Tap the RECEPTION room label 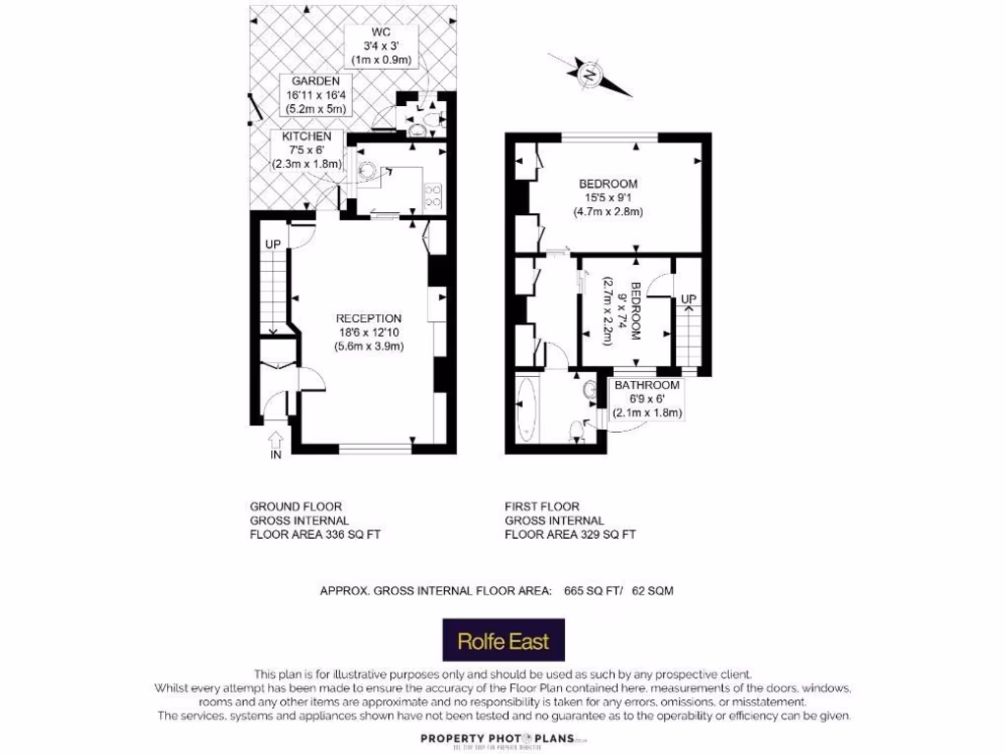pyautogui.click(x=368, y=318)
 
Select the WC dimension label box pyautogui.click(x=381, y=46)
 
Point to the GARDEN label pyautogui.click(x=313, y=81)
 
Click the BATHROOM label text pyautogui.click(x=646, y=386)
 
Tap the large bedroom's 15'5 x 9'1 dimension pyautogui.click(x=607, y=197)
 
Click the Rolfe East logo pyautogui.click(x=503, y=641)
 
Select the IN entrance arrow pyautogui.click(x=275, y=444)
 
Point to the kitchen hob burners pyautogui.click(x=432, y=194)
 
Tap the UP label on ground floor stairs pyautogui.click(x=272, y=244)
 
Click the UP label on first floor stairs pyautogui.click(x=689, y=298)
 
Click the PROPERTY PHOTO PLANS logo pyautogui.click(x=503, y=739)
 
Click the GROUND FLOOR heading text pyautogui.click(x=296, y=507)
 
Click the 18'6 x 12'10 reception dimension pyautogui.click(x=368, y=332)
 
